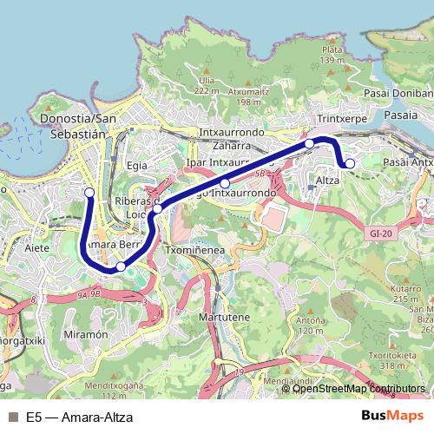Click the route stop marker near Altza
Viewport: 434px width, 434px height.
350,163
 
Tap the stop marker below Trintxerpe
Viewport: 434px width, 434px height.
309,143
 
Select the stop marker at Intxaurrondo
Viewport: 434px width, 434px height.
225,183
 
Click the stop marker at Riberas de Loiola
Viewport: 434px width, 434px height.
157,208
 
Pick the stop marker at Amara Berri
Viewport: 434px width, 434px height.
121,266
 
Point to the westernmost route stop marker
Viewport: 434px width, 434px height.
89,192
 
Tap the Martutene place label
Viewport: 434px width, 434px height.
225,318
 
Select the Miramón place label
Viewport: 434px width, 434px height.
84,334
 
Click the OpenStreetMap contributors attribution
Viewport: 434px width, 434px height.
358,389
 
